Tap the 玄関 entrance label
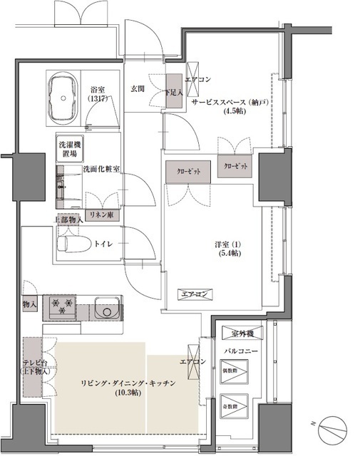[x=139, y=88]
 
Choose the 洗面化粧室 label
[x=101, y=169]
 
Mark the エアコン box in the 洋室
[x=193, y=294]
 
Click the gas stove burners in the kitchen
[x=61, y=308]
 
